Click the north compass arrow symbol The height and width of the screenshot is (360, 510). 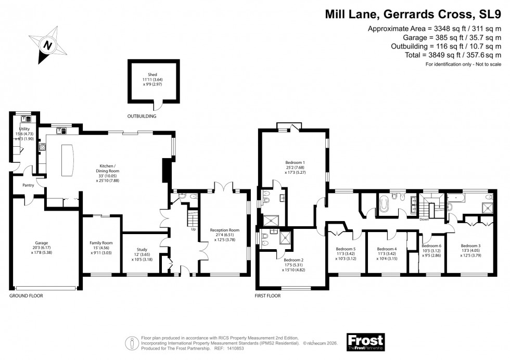tap(48, 45)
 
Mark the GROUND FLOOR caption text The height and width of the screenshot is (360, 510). tap(26, 295)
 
